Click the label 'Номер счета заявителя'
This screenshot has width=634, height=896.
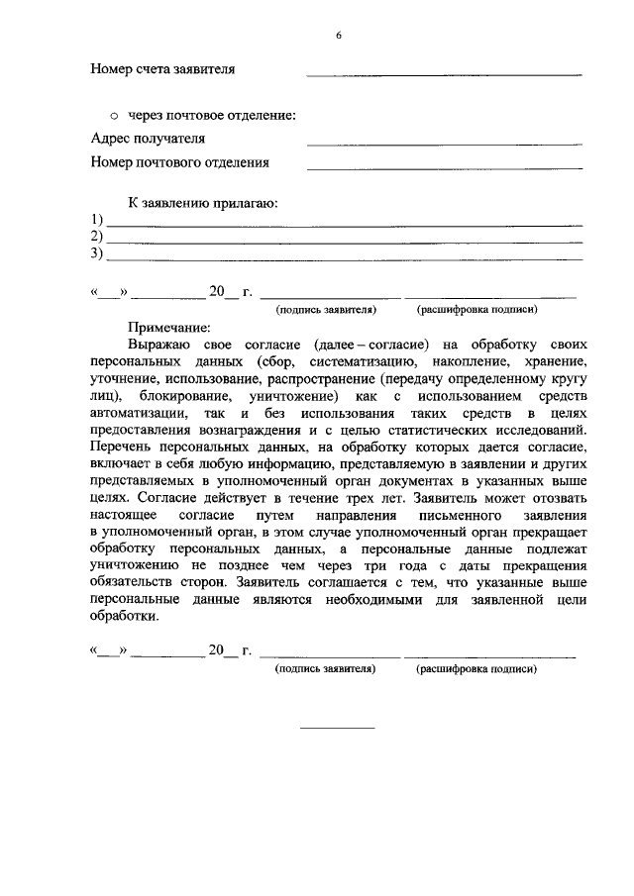tap(162, 70)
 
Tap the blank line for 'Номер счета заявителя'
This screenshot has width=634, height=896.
tap(444, 75)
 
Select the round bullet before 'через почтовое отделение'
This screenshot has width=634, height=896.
tap(113, 116)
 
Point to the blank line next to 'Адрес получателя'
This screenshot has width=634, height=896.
tap(444, 145)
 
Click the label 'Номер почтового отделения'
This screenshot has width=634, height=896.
tap(179, 162)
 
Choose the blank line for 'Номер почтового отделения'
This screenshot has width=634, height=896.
tap(444, 168)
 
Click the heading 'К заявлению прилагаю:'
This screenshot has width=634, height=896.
tap(203, 203)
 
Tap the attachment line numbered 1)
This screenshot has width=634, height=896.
tap(344, 225)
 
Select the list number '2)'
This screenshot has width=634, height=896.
tap(97, 237)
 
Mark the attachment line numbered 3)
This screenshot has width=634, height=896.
tap(344, 259)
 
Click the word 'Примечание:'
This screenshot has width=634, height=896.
tap(169, 327)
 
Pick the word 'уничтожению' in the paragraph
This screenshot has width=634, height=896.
tap(132, 561)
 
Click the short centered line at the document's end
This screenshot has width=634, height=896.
tap(338, 728)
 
